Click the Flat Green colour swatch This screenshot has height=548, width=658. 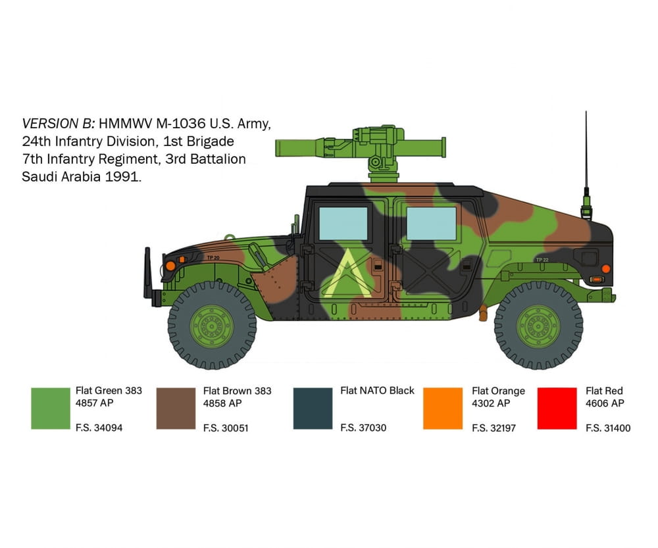click(50, 409)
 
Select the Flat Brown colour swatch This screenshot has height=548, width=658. click(176, 409)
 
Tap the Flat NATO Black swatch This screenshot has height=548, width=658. click(313, 409)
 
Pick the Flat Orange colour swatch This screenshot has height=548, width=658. click(443, 409)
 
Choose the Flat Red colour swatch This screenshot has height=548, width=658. click(557, 409)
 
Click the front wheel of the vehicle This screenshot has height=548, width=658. click(211, 325)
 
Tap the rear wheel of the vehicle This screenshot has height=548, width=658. click(538, 325)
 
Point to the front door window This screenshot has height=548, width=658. click(343, 223)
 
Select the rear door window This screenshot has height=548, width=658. click(432, 223)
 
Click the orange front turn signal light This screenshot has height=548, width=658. click(170, 264)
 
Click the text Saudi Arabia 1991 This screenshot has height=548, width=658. click(82, 177)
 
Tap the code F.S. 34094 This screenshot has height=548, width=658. click(99, 428)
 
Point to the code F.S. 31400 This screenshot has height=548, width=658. click(608, 428)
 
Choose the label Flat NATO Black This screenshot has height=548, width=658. click(377, 390)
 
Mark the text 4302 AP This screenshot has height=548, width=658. click(491, 403)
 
